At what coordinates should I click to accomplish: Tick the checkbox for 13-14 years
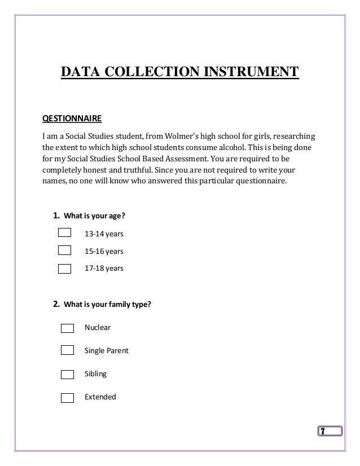pos(65,233)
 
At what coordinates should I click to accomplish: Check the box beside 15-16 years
pos(65,250)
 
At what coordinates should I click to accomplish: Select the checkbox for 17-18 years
pos(65,268)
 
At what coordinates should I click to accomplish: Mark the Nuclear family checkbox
pos(67,328)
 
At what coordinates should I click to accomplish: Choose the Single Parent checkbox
pos(67,350)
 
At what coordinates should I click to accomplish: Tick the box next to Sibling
pos(67,373)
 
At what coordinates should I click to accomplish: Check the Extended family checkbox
pos(67,397)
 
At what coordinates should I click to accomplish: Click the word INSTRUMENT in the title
pos(251,73)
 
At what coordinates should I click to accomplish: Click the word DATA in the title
pos(78,73)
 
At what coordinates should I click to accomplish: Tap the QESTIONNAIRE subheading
pos(72,120)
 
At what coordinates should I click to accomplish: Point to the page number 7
pos(322,432)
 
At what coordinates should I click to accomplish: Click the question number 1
pos(56,215)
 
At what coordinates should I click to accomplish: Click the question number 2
pos(56,305)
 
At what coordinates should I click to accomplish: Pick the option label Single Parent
pos(106,350)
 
